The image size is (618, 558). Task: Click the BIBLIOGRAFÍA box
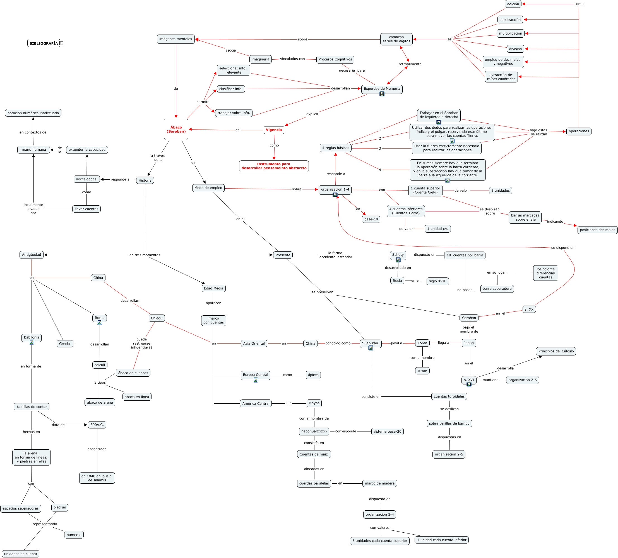44,43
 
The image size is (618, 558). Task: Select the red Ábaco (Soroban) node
176,130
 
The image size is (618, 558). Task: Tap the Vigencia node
274,130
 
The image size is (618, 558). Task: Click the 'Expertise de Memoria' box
382,89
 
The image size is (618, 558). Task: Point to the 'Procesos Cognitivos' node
335,59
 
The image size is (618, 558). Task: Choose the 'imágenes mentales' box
176,39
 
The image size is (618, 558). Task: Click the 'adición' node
513,4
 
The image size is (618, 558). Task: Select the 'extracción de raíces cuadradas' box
501,77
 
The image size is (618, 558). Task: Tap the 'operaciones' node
579,131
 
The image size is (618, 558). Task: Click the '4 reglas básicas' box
335,148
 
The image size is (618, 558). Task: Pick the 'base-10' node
371,219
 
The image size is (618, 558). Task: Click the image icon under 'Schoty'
398,260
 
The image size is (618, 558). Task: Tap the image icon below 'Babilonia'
32,342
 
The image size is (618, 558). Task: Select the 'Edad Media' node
214,288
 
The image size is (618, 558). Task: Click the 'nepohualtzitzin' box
314,431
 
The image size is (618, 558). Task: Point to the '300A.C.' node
97,425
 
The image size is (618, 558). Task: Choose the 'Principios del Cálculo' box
556,351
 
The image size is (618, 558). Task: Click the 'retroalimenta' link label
410,64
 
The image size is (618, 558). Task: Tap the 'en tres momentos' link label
145,255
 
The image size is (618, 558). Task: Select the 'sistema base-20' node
387,432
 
